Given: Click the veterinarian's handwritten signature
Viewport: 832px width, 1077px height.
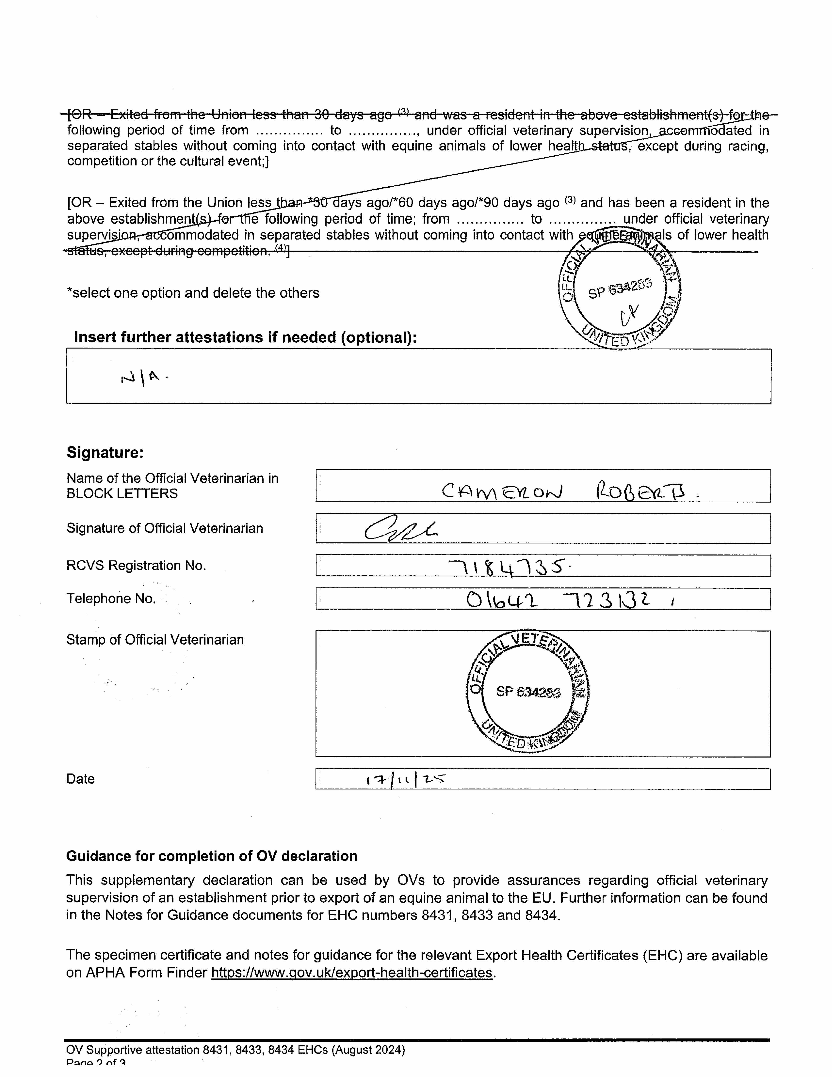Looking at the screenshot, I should tap(400, 530).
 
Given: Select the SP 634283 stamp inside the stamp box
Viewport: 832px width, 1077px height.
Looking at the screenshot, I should tap(528, 691).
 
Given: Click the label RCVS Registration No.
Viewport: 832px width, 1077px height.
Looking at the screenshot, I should tap(136, 566).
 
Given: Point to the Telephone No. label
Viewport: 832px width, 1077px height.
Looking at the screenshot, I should tap(111, 599).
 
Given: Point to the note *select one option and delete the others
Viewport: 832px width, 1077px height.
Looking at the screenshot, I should tap(193, 293).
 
